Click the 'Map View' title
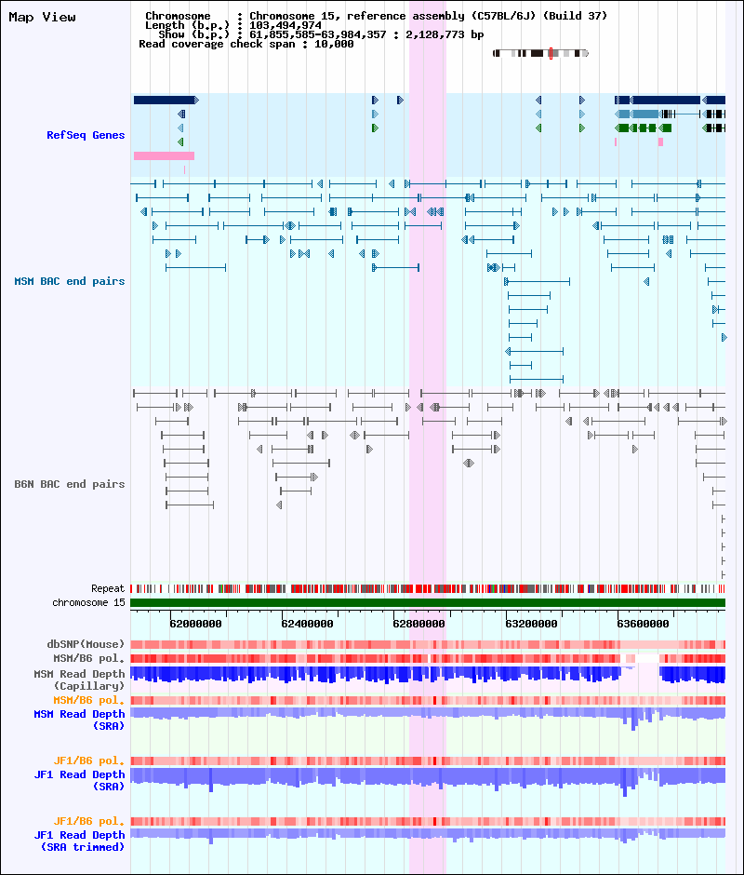pyautogui.click(x=43, y=18)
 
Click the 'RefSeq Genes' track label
pyautogui.click(x=86, y=135)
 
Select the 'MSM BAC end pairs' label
pyautogui.click(x=70, y=281)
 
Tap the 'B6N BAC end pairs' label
pyautogui.click(x=70, y=484)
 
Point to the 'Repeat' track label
pyautogui.click(x=108, y=588)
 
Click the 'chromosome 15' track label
pyautogui.click(x=88, y=602)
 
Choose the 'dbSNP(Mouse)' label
pyautogui.click(x=86, y=644)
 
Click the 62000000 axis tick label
pyautogui.click(x=195, y=624)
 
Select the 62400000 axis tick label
pyautogui.click(x=307, y=624)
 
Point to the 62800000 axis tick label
pyautogui.click(x=418, y=624)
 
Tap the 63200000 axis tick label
pyautogui.click(x=532, y=624)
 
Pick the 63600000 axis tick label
pyautogui.click(x=643, y=624)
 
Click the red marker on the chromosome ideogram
pyautogui.click(x=551, y=54)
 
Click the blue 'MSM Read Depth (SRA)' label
pyautogui.click(x=79, y=720)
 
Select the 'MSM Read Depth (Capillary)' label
pyautogui.click(x=79, y=680)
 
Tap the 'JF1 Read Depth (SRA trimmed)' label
pyautogui.click(x=79, y=841)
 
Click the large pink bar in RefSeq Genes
pyautogui.click(x=164, y=156)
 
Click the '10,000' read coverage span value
pyautogui.click(x=334, y=44)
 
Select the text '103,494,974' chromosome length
pyautogui.click(x=285, y=26)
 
